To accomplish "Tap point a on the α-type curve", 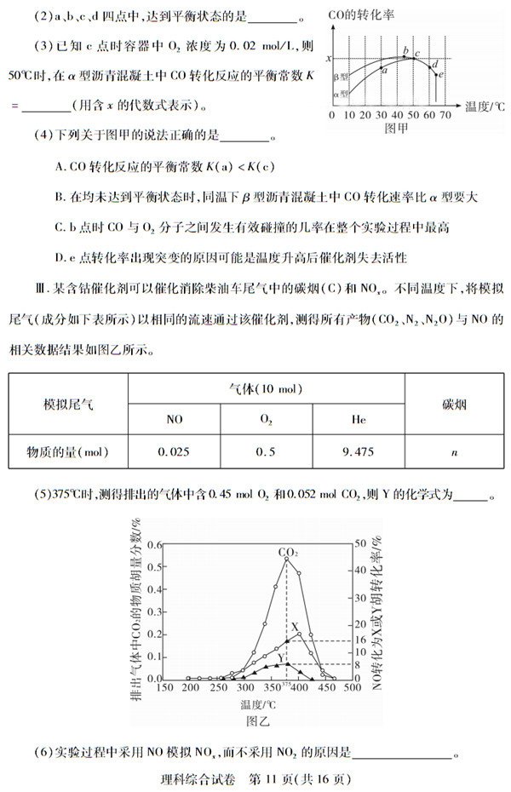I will pyautogui.click(x=382, y=72).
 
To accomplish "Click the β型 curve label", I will pyautogui.click(x=341, y=77).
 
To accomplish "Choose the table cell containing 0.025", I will pyautogui.click(x=174, y=451).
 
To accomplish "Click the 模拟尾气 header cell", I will pyautogui.click(x=68, y=404).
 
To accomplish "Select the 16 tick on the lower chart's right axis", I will pyautogui.click(x=359, y=640).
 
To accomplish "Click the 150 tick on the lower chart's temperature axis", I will pyautogui.click(x=164, y=687).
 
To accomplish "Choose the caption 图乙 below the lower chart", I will pyautogui.click(x=257, y=720).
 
